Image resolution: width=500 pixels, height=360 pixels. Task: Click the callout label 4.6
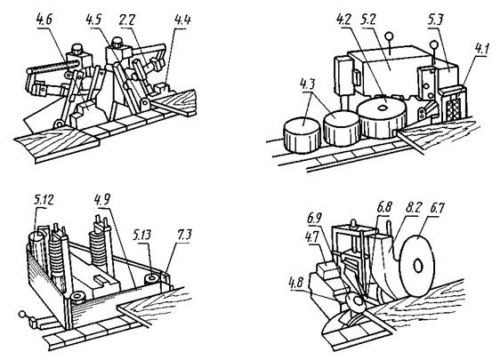44,20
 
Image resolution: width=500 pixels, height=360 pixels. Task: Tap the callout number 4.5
93,20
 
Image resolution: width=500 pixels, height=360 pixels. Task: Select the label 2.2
126,20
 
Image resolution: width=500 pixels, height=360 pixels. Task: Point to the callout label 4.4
182,20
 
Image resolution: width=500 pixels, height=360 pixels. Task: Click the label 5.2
368,20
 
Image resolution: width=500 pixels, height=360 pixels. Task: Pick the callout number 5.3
436,20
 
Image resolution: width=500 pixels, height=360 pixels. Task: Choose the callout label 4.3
308,84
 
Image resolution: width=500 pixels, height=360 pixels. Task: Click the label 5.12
44,200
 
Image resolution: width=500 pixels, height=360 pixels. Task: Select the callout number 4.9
102,199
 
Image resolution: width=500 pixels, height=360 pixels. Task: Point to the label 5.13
141,236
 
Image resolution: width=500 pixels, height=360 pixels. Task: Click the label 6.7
437,208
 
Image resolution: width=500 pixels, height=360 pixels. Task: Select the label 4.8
297,283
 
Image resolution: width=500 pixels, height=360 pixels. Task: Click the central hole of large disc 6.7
418,266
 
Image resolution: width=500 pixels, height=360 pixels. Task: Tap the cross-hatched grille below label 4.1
454,108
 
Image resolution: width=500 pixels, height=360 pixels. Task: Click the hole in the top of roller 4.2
382,108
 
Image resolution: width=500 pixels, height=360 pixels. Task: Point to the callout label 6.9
314,219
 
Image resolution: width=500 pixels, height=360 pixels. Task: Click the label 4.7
312,236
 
